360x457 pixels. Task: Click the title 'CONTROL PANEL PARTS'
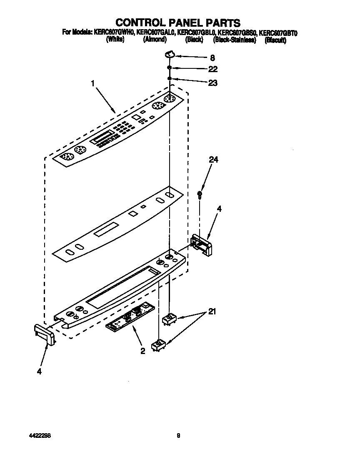(178, 22)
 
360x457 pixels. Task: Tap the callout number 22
(213, 69)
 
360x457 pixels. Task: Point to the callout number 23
(213, 83)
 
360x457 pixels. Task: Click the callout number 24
(213, 160)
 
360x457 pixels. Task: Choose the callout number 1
(93, 83)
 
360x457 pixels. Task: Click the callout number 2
(142, 352)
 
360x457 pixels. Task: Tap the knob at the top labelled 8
(169, 53)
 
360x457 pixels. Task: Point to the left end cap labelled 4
(44, 334)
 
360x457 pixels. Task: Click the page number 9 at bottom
(178, 436)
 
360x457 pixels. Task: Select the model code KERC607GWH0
(112, 32)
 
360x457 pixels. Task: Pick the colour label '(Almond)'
(155, 40)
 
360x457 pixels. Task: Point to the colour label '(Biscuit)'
(275, 40)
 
